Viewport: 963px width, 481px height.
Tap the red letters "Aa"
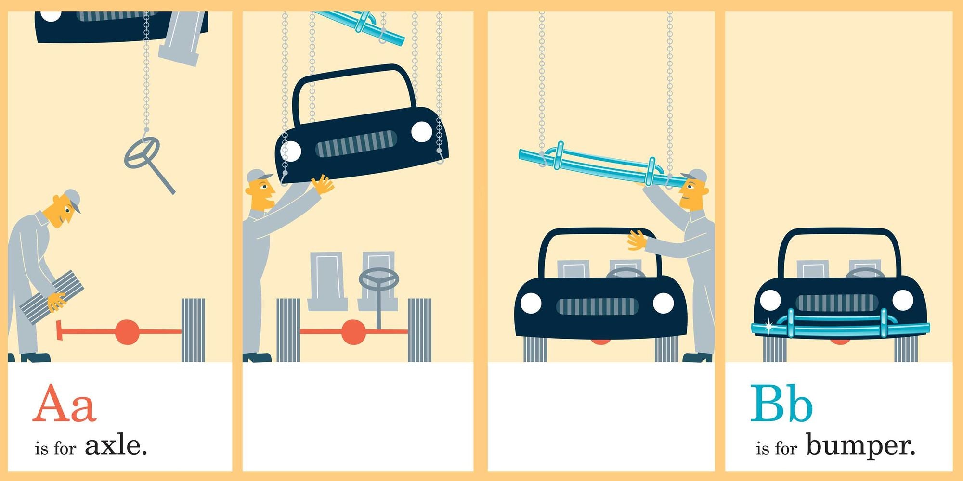point(65,404)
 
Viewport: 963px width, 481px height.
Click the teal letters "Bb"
point(781,403)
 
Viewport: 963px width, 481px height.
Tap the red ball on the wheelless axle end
point(127,332)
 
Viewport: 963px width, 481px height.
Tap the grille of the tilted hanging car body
point(356,144)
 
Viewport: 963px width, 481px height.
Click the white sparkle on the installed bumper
point(769,326)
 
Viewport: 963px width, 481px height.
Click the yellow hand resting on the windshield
point(636,240)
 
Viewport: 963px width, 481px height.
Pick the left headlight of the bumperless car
point(531,303)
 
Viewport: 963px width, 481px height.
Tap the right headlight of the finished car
point(903,300)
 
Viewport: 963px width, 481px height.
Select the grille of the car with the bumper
point(836,303)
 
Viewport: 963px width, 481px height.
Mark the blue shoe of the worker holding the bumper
point(697,357)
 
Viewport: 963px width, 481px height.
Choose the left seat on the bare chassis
point(327,281)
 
